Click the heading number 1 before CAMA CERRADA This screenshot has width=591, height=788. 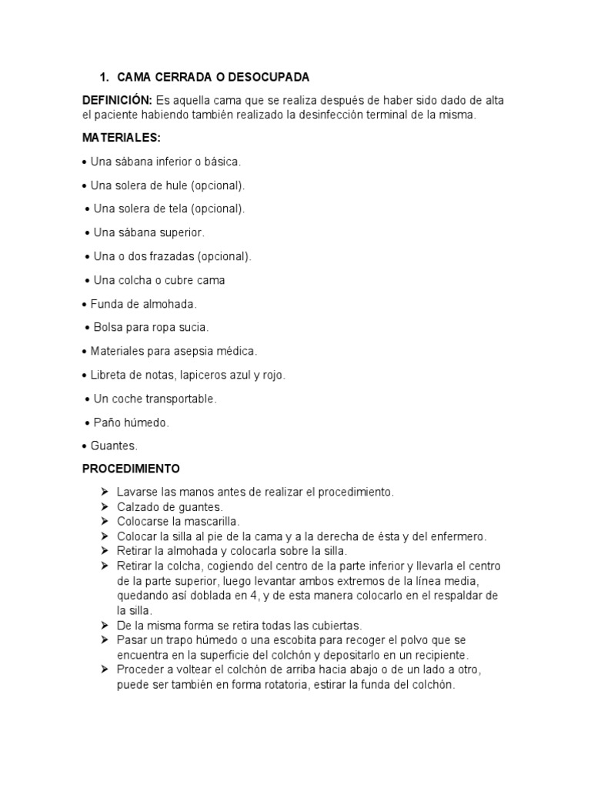click(104, 78)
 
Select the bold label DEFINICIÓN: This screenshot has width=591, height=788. click(117, 101)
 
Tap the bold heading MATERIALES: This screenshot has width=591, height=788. click(122, 139)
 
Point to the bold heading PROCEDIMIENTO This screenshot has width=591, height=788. click(131, 468)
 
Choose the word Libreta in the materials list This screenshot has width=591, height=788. click(109, 375)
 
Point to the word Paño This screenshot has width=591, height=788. click(105, 422)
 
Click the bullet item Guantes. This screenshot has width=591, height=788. click(113, 446)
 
